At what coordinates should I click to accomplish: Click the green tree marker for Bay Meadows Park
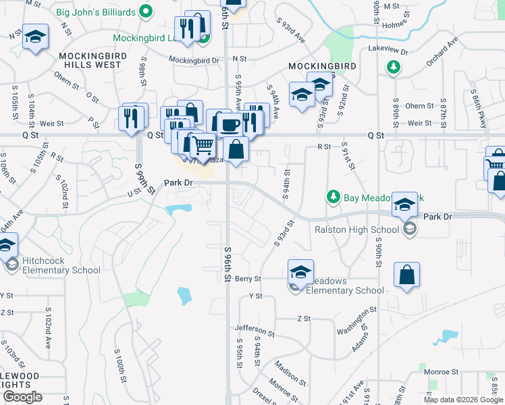click(332, 196)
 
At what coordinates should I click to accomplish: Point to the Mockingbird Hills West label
click(90, 61)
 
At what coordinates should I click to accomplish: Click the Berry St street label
click(248, 278)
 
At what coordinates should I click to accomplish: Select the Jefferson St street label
click(255, 330)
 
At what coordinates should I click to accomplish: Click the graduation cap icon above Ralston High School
click(404, 204)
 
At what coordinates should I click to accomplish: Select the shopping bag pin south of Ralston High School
click(406, 275)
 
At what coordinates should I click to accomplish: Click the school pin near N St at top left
click(35, 37)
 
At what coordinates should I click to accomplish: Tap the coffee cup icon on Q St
click(230, 125)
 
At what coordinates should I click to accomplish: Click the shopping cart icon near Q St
click(202, 144)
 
